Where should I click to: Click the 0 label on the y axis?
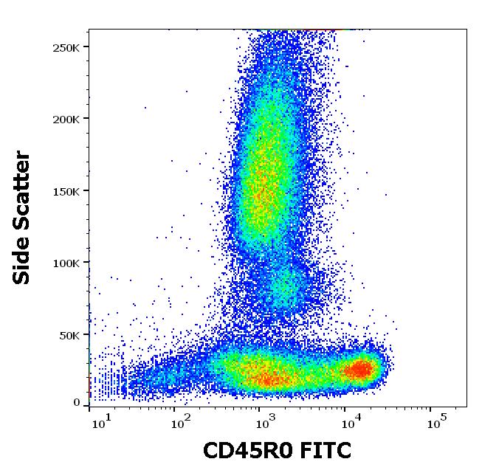77,403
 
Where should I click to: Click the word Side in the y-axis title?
23,262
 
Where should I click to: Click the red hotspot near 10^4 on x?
360,368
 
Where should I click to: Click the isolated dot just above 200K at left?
145,108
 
